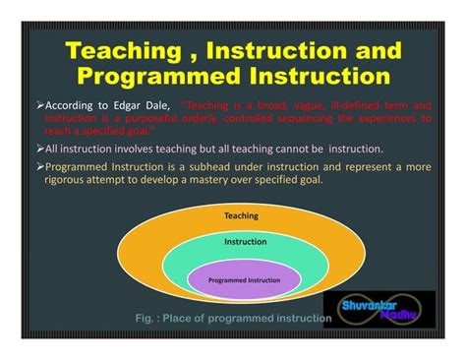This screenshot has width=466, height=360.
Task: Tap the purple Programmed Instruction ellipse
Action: pyautogui.click(x=240, y=279)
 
